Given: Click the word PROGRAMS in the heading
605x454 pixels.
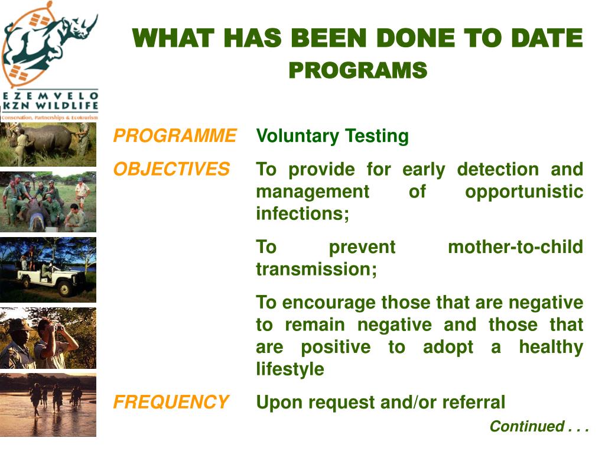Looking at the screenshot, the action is [357, 70].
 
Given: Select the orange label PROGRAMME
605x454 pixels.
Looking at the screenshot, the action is [175, 135].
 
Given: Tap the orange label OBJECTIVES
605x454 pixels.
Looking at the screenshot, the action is [172, 169].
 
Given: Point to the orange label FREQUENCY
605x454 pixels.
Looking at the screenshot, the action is [171, 402].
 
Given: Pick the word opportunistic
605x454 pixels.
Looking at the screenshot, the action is [524, 192].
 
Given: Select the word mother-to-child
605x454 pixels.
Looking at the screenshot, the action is [515, 247].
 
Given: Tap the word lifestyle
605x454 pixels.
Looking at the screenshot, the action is [290, 369].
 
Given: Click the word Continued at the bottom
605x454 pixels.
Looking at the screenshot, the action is [527, 426].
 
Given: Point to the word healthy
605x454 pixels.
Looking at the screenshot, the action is [551, 347].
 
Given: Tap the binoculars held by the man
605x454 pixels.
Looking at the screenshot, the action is [58, 327].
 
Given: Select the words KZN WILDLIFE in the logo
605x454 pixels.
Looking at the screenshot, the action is [51, 105].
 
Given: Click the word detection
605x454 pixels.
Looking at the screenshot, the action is [497, 170].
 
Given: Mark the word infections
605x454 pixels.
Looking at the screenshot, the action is [302, 213].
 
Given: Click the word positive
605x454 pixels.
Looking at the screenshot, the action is [336, 347].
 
